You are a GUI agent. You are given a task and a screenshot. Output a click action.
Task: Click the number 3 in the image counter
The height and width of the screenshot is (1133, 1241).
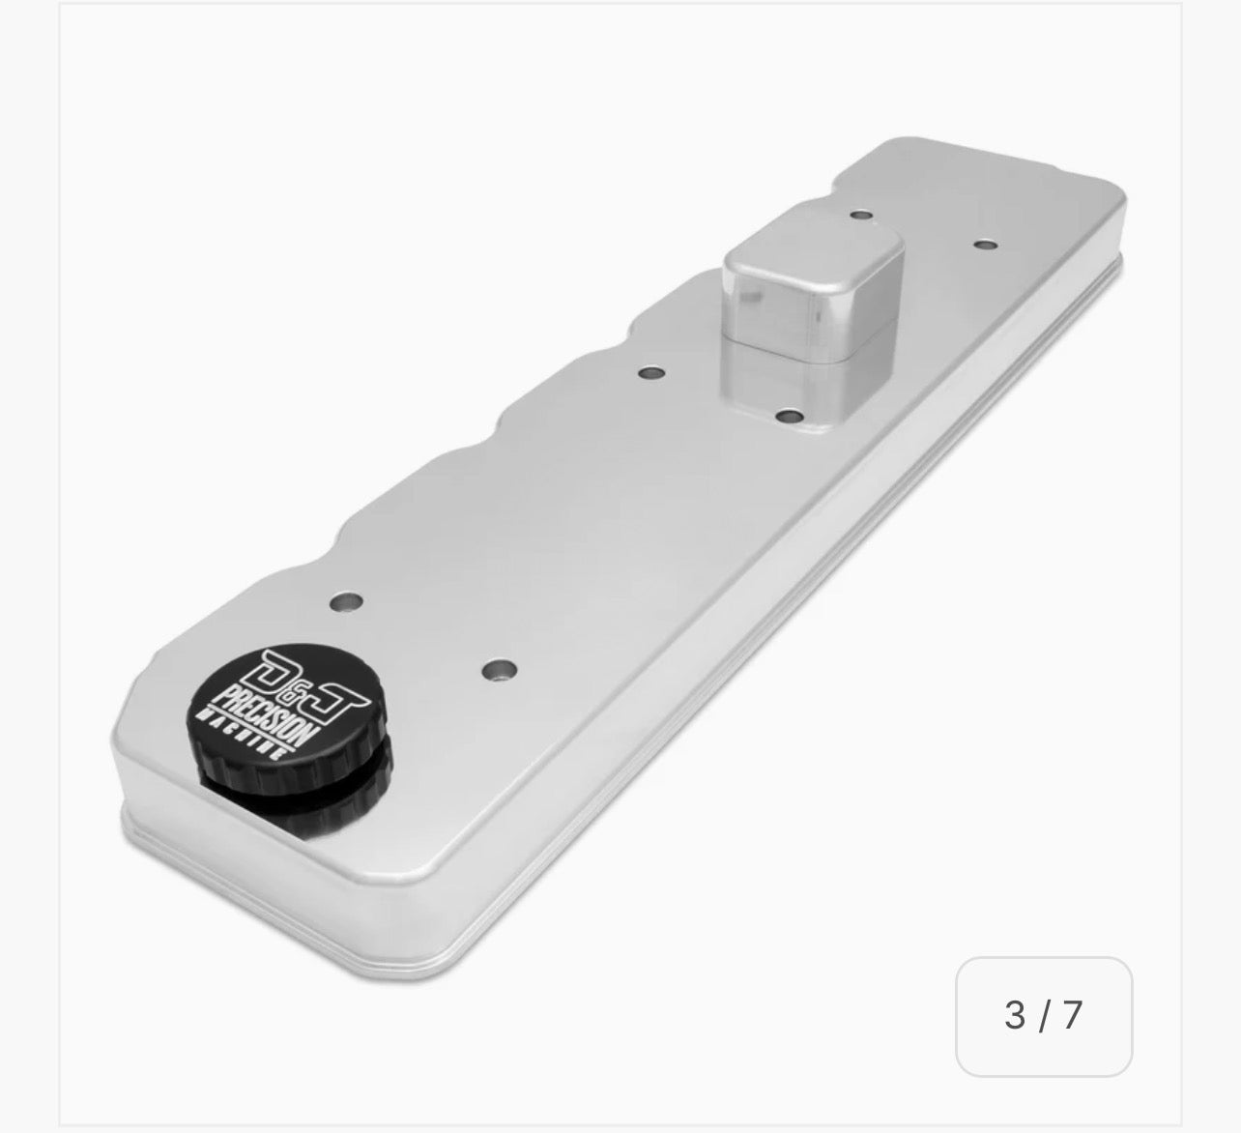tap(1014, 1015)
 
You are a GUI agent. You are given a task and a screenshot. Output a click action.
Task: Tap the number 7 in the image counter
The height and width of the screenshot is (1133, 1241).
tap(1071, 1015)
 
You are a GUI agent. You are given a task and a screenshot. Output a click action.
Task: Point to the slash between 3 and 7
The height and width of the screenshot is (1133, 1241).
tap(1043, 1015)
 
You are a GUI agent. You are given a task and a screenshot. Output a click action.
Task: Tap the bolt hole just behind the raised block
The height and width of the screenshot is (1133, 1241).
tap(858, 217)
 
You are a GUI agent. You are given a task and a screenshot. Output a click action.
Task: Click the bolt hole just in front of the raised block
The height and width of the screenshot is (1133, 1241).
tap(790, 416)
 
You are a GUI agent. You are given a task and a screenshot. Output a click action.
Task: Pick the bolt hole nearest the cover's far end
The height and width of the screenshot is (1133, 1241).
tap(983, 245)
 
